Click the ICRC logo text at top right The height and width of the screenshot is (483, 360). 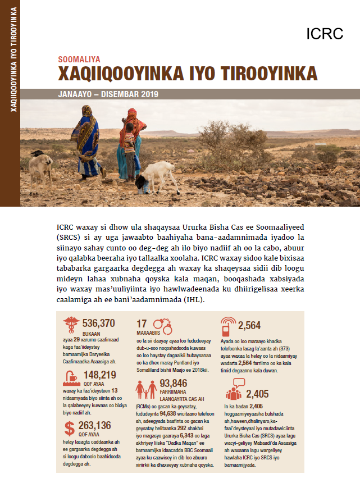pos(325,33)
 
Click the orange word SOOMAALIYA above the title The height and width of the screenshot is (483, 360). pos(79,58)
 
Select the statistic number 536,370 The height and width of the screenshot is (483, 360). pos(98,323)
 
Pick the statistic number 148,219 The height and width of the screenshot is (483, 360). pos(99,375)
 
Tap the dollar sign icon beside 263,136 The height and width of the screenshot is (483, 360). pos(70,429)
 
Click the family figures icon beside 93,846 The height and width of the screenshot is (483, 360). pos(147,389)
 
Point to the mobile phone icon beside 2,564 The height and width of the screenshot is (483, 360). pos(228,326)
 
